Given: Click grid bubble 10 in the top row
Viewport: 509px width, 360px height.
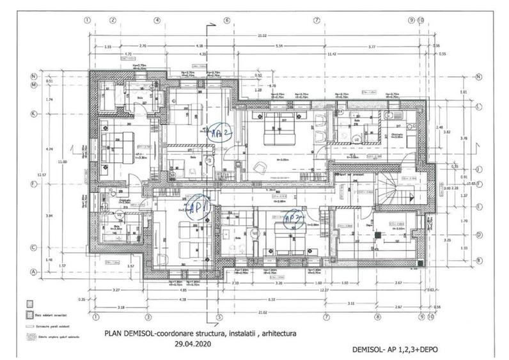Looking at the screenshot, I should coord(420,20).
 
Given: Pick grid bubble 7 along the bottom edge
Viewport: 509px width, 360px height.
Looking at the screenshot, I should coord(325,316).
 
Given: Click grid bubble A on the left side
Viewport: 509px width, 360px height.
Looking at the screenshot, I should coord(32,271).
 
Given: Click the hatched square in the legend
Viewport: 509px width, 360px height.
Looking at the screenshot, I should coord(29,315).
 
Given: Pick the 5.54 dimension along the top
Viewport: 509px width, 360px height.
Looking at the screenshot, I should coord(278,47).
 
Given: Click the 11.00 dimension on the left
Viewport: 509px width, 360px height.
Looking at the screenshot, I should coord(61,163).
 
